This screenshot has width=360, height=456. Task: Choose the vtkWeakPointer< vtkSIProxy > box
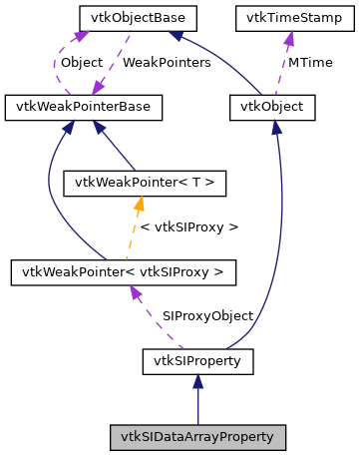(x=122, y=270)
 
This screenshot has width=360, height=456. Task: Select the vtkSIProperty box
(x=197, y=359)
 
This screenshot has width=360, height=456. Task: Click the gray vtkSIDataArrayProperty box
(x=197, y=436)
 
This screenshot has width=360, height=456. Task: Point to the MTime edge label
(x=309, y=62)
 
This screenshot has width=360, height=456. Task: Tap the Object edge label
(x=81, y=62)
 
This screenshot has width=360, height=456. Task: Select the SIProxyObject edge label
(x=207, y=315)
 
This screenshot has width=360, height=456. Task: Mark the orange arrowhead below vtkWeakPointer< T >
(x=141, y=203)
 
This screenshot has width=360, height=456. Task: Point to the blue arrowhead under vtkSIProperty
(x=197, y=380)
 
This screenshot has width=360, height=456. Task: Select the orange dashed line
(x=134, y=234)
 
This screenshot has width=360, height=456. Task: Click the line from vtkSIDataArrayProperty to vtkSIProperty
(x=197, y=404)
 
